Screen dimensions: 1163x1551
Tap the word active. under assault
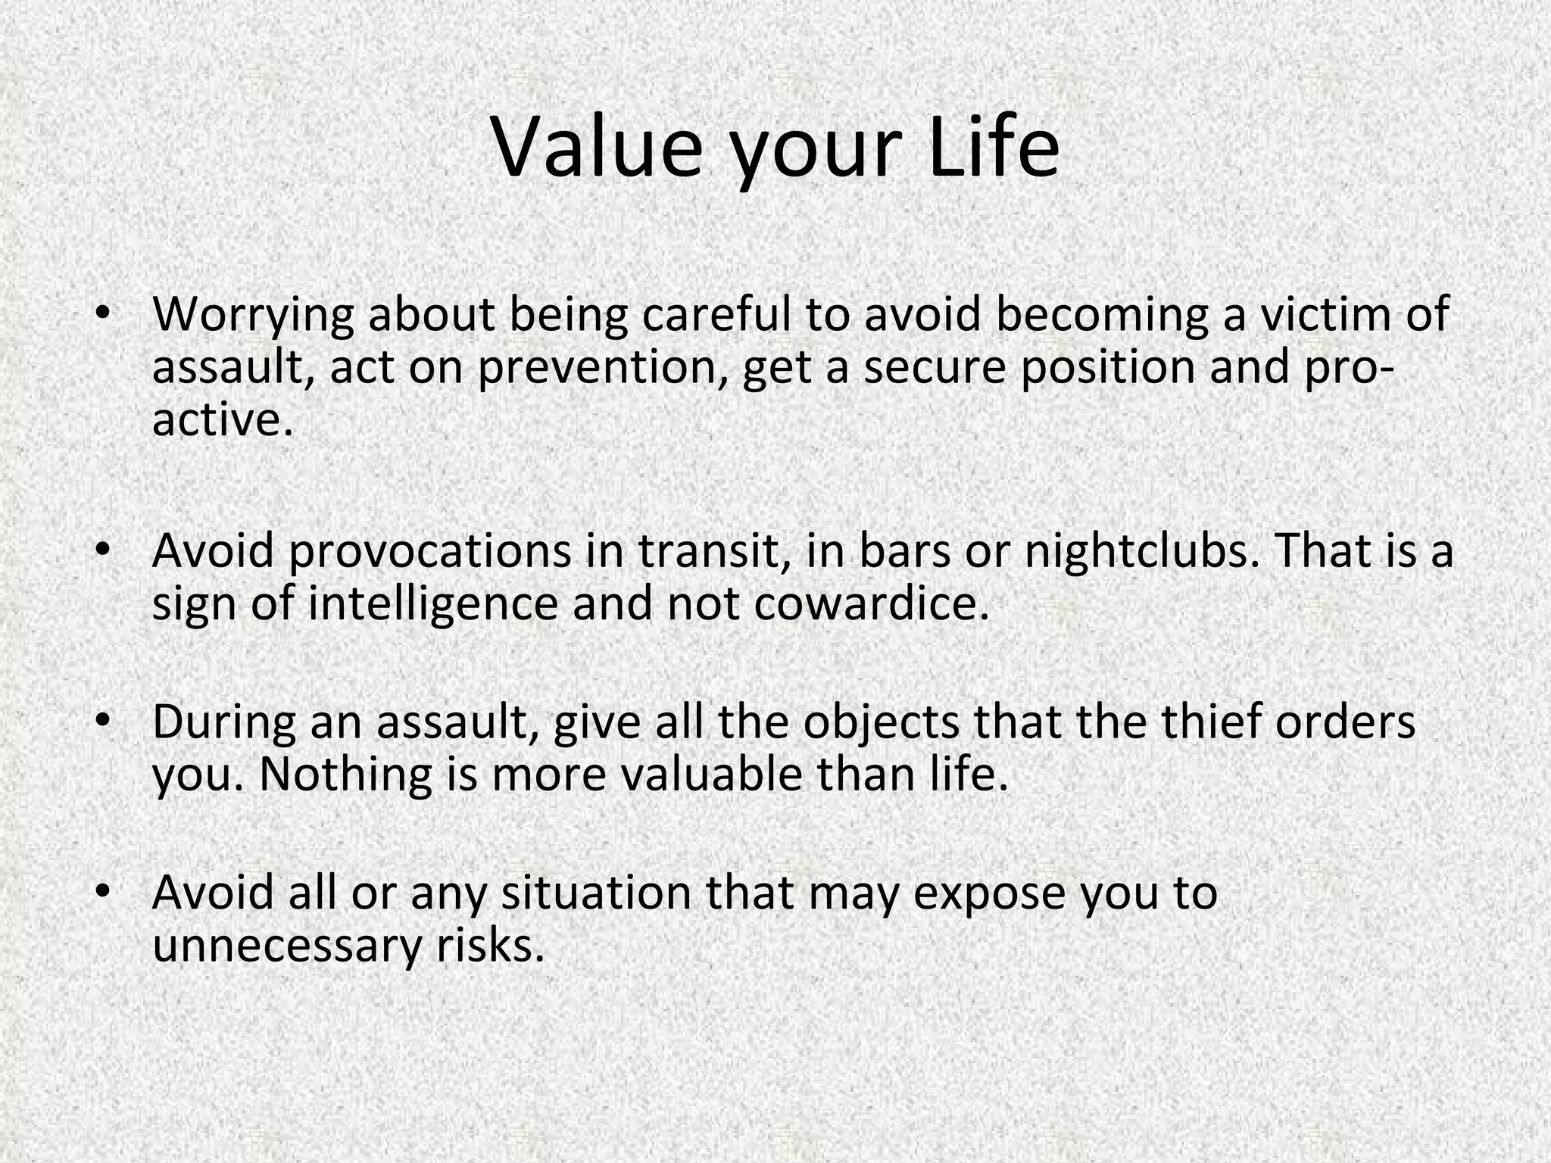pos(222,420)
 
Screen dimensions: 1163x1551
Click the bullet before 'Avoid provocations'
pos(104,547)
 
